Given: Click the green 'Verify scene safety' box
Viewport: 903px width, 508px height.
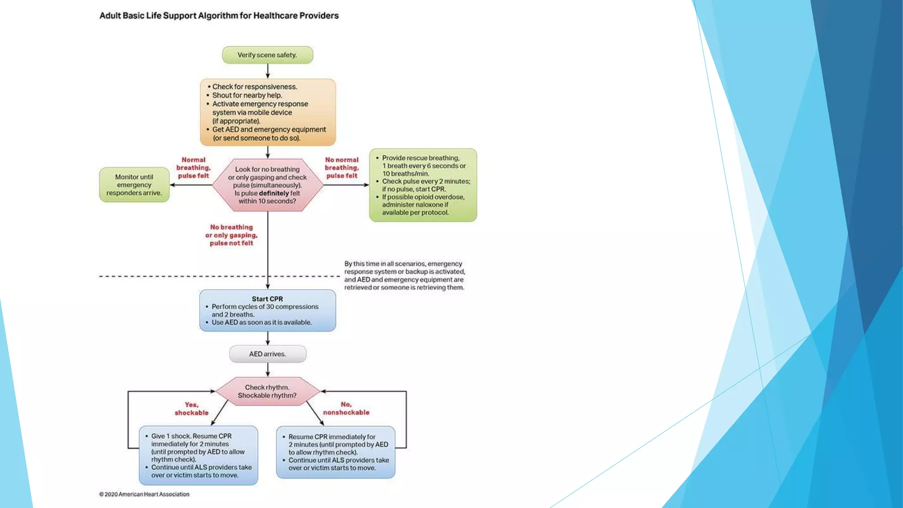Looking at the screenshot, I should pos(267,55).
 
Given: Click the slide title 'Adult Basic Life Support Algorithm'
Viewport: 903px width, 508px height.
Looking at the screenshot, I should pos(219,16).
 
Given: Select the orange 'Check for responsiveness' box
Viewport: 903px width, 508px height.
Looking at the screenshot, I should pos(267,112).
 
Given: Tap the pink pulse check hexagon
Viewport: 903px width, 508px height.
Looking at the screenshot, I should pos(267,185).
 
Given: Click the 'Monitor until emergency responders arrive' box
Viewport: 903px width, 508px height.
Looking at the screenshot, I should pos(134,185).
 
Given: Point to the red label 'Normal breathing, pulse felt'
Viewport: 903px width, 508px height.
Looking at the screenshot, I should pos(193,168).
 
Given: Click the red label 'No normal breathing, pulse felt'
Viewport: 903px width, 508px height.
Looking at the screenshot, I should pos(342,168).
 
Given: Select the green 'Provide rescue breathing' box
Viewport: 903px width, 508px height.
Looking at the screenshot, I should pos(423,185).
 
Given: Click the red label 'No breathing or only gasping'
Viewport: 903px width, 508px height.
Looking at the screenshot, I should pos(231,235).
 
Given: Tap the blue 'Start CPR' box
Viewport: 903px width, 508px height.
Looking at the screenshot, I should pos(267,310).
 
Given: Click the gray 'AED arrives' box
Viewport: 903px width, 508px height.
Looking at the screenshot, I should pos(267,354).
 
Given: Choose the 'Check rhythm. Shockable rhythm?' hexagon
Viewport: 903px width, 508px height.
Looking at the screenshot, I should pos(267,391).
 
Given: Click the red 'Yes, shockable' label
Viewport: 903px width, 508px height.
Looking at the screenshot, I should pos(191,409).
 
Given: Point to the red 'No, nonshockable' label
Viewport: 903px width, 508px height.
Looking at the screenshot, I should pos(346,408).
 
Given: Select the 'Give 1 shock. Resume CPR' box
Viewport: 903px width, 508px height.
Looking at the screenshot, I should pos(198,456).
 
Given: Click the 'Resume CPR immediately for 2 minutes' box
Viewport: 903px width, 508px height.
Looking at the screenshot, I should pos(336,452).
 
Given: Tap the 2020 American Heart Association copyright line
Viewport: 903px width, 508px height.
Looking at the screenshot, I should pos(144,494).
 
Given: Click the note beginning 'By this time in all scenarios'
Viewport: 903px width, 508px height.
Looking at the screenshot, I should pos(404,276).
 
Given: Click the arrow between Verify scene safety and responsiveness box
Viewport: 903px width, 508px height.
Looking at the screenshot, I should pos(268,71).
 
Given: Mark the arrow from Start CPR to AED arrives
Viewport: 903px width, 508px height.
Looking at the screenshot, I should pos(268,338).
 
